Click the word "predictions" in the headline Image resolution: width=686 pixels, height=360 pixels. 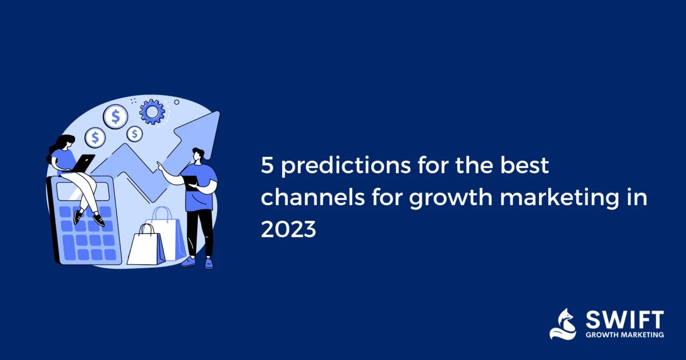[x=346, y=166]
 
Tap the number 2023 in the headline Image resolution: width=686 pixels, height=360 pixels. [x=288, y=229]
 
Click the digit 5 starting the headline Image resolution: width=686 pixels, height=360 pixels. [x=267, y=166]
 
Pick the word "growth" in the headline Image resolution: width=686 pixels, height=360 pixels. [x=450, y=198]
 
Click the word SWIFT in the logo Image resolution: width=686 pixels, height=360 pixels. [x=625, y=320]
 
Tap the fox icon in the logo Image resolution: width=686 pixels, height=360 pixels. [x=563, y=324]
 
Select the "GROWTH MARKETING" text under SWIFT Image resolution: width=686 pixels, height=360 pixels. [x=625, y=335]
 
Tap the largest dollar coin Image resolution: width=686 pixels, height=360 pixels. [x=115, y=117]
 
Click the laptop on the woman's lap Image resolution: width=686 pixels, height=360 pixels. [x=83, y=163]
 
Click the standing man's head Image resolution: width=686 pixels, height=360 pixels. [x=198, y=155]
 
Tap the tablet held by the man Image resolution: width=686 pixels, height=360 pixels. [x=192, y=183]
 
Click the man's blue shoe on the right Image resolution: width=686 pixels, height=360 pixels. [x=209, y=264]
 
